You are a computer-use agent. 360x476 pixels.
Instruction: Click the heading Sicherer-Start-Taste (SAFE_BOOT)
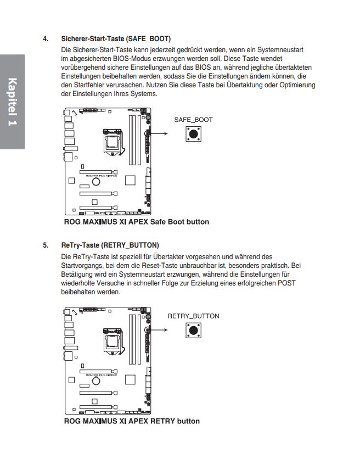[116, 40]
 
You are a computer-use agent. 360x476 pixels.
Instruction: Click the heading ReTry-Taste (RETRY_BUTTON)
[110, 245]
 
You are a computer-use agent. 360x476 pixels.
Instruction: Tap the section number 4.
[46, 40]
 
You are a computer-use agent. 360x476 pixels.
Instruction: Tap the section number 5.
[46, 245]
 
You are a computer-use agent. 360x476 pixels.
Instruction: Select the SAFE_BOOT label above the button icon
[193, 120]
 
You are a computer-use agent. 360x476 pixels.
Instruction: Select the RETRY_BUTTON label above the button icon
[193, 316]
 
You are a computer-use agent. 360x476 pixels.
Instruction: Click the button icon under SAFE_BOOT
[193, 134]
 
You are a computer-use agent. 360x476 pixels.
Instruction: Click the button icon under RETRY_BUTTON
[193, 330]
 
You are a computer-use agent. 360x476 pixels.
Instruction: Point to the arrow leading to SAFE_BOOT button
[160, 133]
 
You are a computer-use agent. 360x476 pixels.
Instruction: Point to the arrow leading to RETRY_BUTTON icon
[160, 330]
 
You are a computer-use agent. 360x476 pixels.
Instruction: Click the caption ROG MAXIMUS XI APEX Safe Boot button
[136, 222]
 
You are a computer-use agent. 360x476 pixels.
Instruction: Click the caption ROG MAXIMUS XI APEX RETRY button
[132, 421]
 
